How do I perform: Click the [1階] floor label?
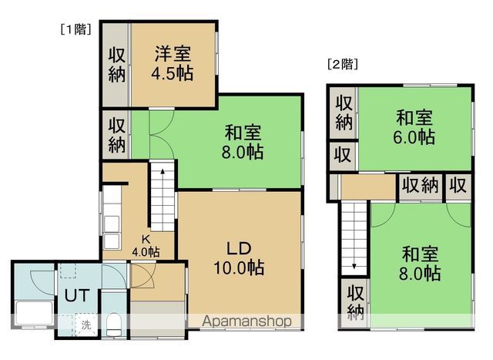pos(75,29)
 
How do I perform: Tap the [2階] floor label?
pos(342,64)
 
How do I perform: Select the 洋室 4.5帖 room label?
pos(173,63)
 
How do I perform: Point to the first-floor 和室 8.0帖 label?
pos(244,141)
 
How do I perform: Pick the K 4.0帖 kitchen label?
pos(145,246)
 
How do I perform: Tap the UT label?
pos(75,294)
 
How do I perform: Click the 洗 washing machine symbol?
pos(87,325)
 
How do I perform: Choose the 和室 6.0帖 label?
pos(415,128)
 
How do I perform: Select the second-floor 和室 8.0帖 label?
pos(421,262)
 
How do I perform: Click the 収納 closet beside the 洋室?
pos(116,66)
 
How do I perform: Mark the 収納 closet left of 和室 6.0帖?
pos(344,113)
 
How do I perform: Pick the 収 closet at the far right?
pos(458,186)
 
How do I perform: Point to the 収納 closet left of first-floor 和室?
pos(116,135)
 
